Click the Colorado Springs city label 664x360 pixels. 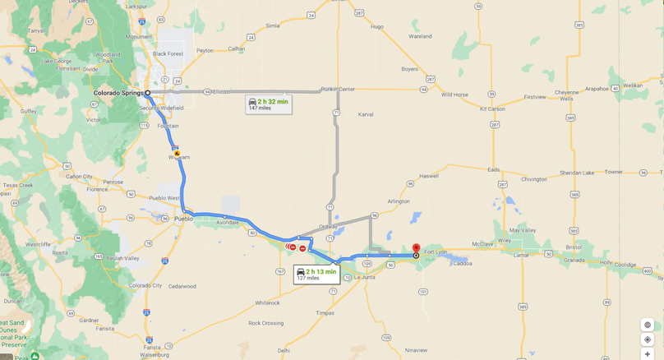118,93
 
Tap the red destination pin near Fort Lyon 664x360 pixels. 416,248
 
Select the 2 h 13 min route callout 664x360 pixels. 316,275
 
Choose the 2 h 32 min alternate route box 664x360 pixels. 268,104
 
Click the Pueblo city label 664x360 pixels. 183,219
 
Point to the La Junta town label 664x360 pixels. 364,277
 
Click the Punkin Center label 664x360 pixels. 338,89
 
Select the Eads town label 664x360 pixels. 493,170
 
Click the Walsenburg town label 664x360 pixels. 154,354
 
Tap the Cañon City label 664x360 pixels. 80,176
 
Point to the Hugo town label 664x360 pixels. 376,26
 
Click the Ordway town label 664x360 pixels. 328,227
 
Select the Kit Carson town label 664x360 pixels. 492,108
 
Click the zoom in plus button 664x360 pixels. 648,353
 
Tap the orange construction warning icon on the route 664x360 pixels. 177,154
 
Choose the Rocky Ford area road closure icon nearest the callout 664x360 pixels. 302,248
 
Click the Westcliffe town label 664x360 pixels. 38,244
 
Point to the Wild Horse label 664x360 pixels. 454,95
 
